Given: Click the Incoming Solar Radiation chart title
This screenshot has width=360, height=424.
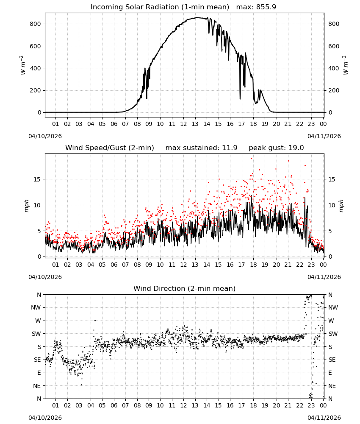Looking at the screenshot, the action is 160,7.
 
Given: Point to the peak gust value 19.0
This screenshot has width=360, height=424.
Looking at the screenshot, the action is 296,148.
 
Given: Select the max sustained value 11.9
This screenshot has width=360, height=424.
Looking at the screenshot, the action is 230,148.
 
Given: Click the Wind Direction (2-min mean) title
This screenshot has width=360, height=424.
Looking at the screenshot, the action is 185,288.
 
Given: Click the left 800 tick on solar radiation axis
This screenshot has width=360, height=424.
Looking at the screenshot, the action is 36,24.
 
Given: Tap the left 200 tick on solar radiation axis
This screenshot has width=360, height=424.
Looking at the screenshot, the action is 36,90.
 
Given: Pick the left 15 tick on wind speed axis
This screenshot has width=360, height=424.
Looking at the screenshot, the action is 37,179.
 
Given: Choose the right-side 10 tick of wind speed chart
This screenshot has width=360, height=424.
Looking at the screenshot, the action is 332,205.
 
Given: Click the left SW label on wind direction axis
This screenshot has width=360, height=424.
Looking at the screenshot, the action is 36,334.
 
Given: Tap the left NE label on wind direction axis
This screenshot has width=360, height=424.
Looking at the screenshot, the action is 37,386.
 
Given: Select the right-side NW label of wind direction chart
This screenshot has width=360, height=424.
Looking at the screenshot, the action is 333,307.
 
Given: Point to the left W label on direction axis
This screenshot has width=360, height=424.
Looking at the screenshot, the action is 38,321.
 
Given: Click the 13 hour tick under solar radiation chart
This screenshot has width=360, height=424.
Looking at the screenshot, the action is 195,124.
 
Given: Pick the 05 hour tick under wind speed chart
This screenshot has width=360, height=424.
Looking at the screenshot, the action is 102,265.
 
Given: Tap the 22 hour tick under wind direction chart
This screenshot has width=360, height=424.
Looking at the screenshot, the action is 299,405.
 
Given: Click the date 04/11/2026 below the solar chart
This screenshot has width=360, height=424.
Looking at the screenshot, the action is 324,136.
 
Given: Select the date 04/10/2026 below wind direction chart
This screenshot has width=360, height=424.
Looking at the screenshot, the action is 45,418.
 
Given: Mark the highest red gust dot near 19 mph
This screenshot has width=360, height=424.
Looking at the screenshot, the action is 251,159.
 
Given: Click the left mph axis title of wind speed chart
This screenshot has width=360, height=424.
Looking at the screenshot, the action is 26,206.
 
